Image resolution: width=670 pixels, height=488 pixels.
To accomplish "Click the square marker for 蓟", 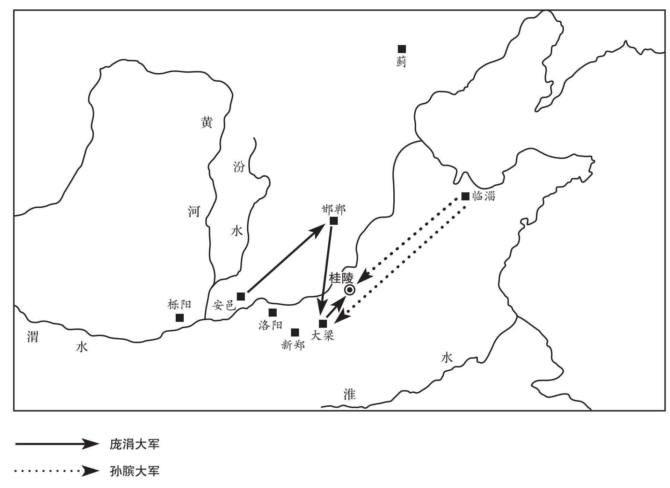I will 402,49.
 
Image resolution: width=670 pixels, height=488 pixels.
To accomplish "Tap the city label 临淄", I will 484,196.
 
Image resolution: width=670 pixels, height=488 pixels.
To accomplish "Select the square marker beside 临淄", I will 465,196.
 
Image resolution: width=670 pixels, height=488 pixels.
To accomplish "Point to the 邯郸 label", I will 334,209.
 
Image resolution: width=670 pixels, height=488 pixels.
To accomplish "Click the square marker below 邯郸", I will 334,221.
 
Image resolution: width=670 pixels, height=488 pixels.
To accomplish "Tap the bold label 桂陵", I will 342,278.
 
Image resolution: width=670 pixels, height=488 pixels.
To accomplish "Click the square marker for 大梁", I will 323,323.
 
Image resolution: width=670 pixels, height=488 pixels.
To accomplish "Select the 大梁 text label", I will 323,335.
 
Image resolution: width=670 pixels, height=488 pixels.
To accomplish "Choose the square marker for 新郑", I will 295,332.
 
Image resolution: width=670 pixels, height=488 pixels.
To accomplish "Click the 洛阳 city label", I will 270,325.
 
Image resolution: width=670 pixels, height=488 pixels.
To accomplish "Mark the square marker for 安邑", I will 241,296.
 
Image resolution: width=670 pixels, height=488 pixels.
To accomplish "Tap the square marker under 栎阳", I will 180,318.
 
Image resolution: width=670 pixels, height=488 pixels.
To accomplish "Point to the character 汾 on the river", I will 239,167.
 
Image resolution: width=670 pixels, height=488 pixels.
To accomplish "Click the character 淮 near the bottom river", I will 349,394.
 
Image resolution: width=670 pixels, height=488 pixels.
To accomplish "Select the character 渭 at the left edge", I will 32,337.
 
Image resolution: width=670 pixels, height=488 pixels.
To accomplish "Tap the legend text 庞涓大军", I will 134,444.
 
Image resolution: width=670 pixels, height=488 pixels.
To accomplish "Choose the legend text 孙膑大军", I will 134,471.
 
